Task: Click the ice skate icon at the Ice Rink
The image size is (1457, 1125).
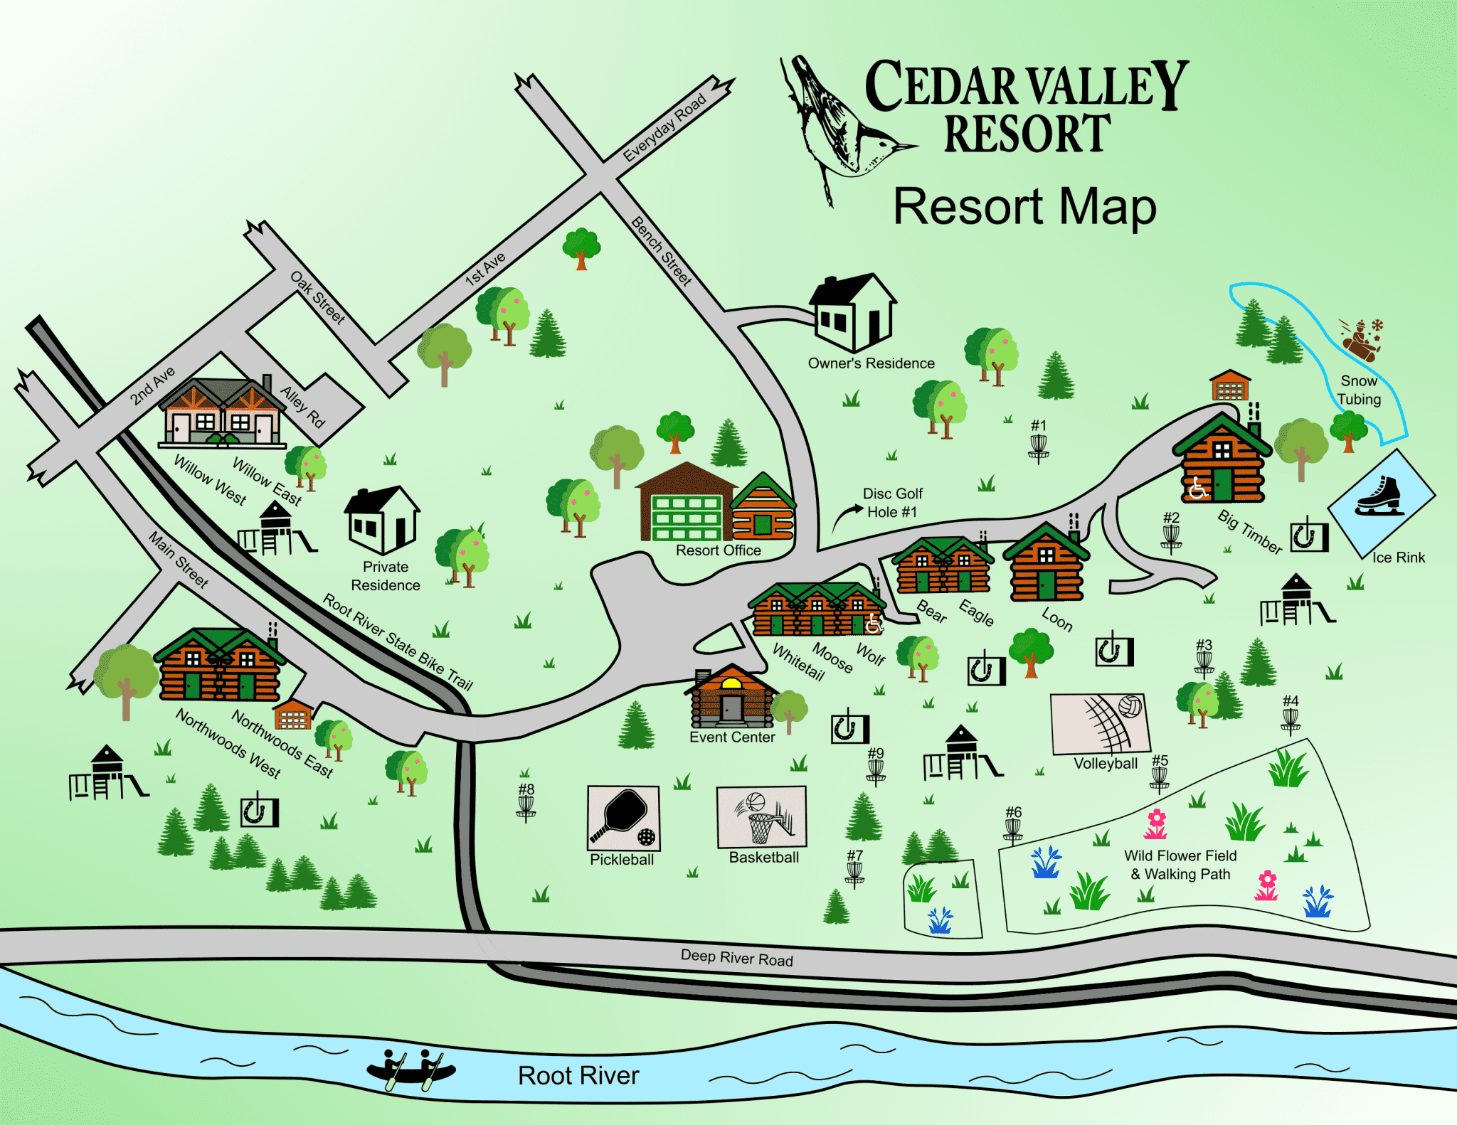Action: [1379, 496]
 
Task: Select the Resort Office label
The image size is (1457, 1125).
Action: [718, 550]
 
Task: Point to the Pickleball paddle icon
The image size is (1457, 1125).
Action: [622, 816]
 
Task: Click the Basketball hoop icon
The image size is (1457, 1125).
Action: [762, 818]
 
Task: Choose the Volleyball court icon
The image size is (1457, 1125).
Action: [1101, 723]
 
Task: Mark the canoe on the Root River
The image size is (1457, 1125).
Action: [411, 1069]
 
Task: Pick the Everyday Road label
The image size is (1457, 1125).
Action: [664, 127]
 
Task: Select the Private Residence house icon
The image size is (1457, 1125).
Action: [382, 519]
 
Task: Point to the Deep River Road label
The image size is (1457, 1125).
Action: [736, 958]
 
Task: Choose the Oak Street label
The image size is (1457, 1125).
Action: [317, 297]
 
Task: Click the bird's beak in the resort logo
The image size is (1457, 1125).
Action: [904, 147]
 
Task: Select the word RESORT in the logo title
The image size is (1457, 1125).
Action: [1027, 134]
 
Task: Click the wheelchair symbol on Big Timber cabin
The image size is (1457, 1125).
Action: [1197, 488]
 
